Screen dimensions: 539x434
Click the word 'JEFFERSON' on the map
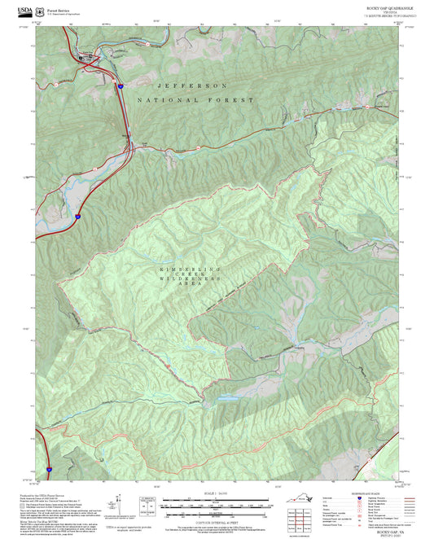[194, 85]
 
